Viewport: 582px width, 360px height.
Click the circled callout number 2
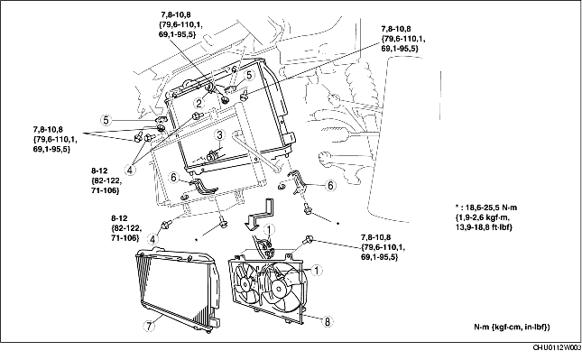point(199,103)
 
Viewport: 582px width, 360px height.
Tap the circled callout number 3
point(219,134)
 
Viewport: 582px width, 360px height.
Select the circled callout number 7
point(148,327)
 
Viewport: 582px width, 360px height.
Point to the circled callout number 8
point(328,321)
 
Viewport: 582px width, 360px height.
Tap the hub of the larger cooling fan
point(280,286)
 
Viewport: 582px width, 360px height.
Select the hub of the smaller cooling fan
point(245,284)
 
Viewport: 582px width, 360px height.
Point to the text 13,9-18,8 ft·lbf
point(484,227)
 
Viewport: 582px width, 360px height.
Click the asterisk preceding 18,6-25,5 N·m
point(457,207)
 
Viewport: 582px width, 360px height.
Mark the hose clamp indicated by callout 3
point(213,155)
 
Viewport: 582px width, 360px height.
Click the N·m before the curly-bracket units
point(483,327)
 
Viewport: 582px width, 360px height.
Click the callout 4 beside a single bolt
point(152,239)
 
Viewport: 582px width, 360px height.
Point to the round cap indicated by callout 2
point(209,88)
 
